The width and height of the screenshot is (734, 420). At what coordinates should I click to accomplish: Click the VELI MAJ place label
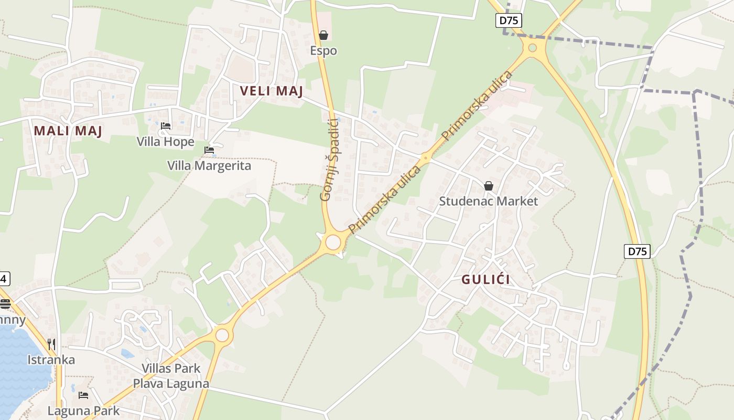[272, 91]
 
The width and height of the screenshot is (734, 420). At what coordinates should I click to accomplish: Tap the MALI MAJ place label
[68, 131]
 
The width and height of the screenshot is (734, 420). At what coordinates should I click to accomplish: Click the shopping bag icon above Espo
[323, 35]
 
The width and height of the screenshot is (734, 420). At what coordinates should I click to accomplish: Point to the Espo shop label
[323, 51]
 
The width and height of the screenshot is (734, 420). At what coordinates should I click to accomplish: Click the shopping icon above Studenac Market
[489, 186]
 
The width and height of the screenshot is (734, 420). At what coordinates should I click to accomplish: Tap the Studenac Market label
[489, 201]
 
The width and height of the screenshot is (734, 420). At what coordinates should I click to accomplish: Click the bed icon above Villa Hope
[166, 126]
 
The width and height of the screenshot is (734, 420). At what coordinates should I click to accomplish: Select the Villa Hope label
[166, 142]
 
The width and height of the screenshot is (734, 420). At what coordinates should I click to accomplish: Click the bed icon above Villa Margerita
[209, 150]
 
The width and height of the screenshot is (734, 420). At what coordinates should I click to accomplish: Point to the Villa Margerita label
[209, 166]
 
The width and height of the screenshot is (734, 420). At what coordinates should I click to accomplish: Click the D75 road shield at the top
[509, 20]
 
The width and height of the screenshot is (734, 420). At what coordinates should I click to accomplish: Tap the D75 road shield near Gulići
[638, 251]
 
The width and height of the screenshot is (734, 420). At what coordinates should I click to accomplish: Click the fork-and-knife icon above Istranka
[51, 344]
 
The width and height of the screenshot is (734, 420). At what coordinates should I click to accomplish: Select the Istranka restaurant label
[51, 360]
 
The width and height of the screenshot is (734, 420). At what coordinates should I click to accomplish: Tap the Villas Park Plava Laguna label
[171, 376]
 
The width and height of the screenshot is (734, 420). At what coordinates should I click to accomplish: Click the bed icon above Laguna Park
[83, 395]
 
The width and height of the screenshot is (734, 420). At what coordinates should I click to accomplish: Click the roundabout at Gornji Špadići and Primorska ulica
[333, 243]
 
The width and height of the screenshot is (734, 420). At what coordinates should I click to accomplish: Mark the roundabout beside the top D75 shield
[533, 48]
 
